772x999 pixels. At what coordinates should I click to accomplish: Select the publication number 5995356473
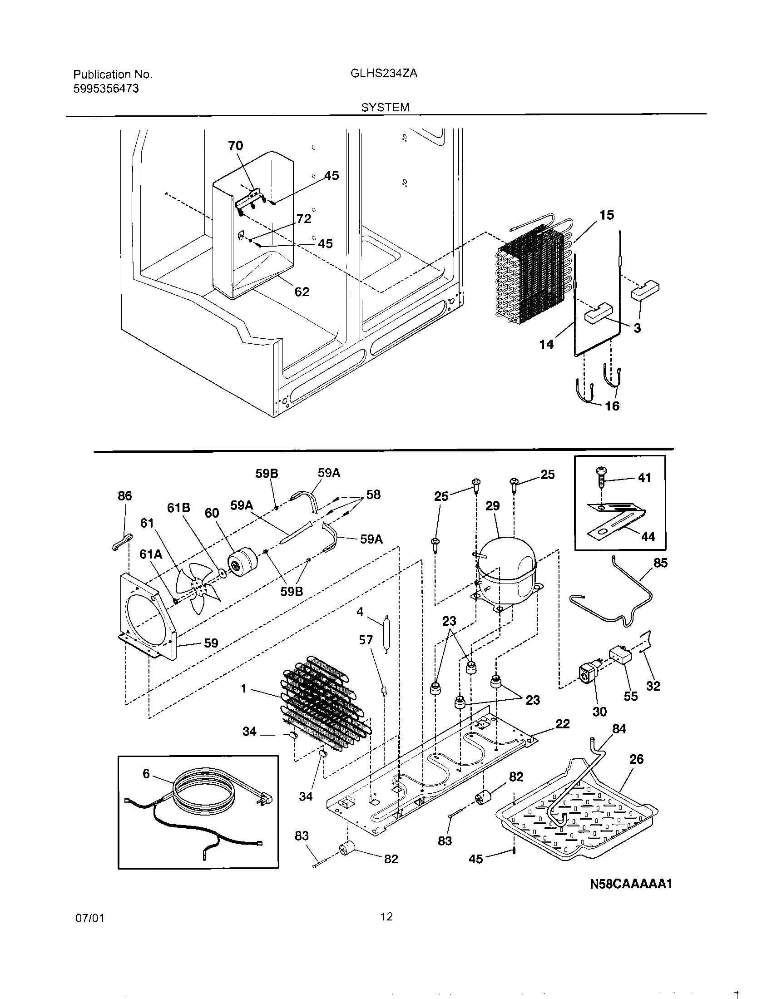pos(106,88)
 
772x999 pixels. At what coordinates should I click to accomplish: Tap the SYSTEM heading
pos(385,108)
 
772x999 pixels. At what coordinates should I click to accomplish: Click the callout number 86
pos(124,496)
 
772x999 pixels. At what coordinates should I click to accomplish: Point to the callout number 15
pos(606,215)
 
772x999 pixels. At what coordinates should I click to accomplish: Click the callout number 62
pos(302,292)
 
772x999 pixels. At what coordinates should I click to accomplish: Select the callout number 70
pos(236,146)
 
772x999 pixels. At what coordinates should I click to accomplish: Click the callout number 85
pos(660,563)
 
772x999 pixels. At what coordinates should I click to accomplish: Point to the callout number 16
pos(612,406)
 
